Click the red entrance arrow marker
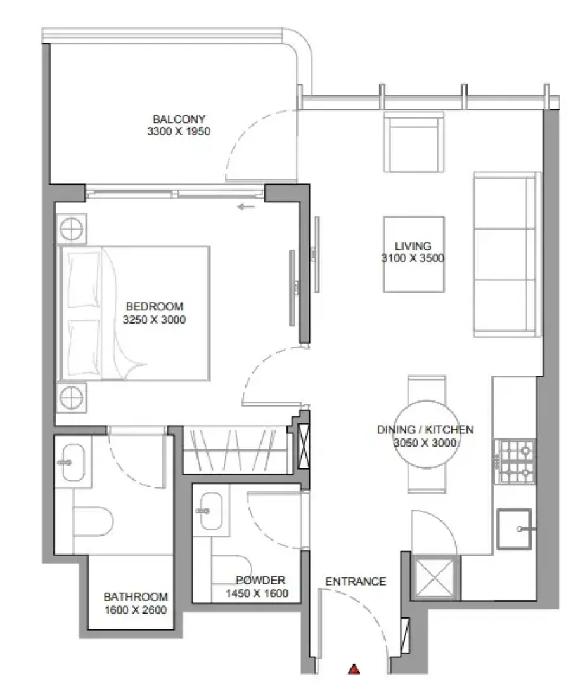point(354,668)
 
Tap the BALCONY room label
point(179,119)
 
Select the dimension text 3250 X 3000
point(154,320)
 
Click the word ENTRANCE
point(355,581)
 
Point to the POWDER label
point(260,580)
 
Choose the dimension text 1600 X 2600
point(136,610)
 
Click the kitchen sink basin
point(514,529)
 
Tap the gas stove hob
point(516,461)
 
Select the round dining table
point(426,435)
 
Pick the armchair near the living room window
point(414,142)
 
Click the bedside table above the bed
point(71,229)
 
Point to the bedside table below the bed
point(71,397)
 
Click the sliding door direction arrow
point(246,207)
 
